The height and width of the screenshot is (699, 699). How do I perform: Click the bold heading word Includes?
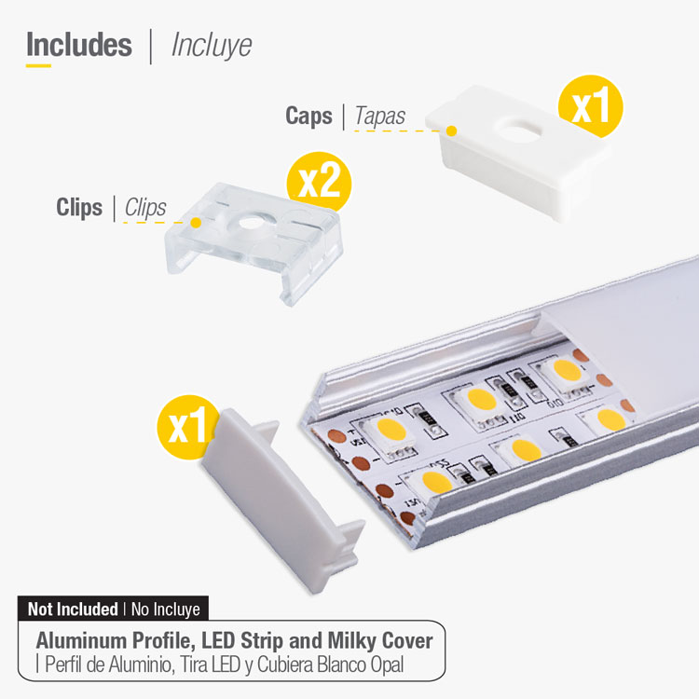(x=79, y=45)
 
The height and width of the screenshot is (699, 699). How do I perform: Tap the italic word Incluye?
(x=212, y=46)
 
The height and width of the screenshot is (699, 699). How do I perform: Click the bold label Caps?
(x=308, y=116)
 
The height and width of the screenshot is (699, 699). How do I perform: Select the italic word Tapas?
(x=380, y=116)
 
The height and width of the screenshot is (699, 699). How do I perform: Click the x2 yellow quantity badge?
(x=319, y=182)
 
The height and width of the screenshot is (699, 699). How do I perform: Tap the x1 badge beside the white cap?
(x=591, y=106)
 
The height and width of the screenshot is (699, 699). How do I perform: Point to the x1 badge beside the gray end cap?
(x=187, y=427)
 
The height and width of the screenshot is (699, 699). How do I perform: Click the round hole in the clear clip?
(x=252, y=223)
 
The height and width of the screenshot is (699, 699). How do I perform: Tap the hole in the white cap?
(x=519, y=130)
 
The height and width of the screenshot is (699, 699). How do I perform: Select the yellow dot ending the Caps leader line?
(x=452, y=131)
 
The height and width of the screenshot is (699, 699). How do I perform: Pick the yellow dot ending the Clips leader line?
(x=196, y=223)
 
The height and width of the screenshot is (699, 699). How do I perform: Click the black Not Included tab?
(x=113, y=609)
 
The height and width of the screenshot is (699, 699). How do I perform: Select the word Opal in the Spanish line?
(x=387, y=665)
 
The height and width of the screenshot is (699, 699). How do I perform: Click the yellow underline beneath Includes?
(x=38, y=65)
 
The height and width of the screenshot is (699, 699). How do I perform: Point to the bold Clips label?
(x=79, y=207)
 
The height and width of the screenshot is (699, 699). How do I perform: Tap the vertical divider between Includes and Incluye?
(x=151, y=47)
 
